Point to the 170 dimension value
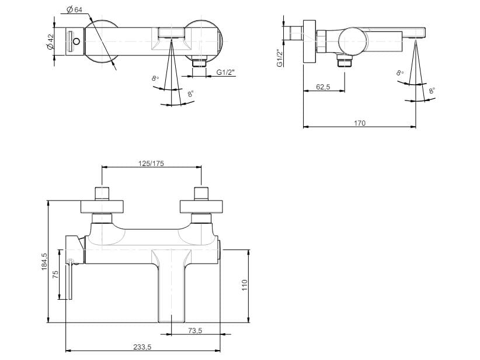(360, 123)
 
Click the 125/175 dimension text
(151, 163)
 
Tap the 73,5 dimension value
(195, 331)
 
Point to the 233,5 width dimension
(142, 347)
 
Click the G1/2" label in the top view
(226, 72)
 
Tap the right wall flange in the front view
(201, 206)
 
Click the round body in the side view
(354, 41)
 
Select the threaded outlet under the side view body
(345, 60)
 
